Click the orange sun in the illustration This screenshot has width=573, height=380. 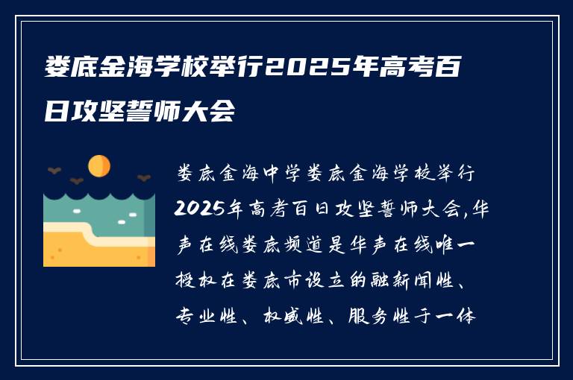98,165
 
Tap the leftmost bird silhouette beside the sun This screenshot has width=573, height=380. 54,171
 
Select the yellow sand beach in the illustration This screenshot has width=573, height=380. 90,250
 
